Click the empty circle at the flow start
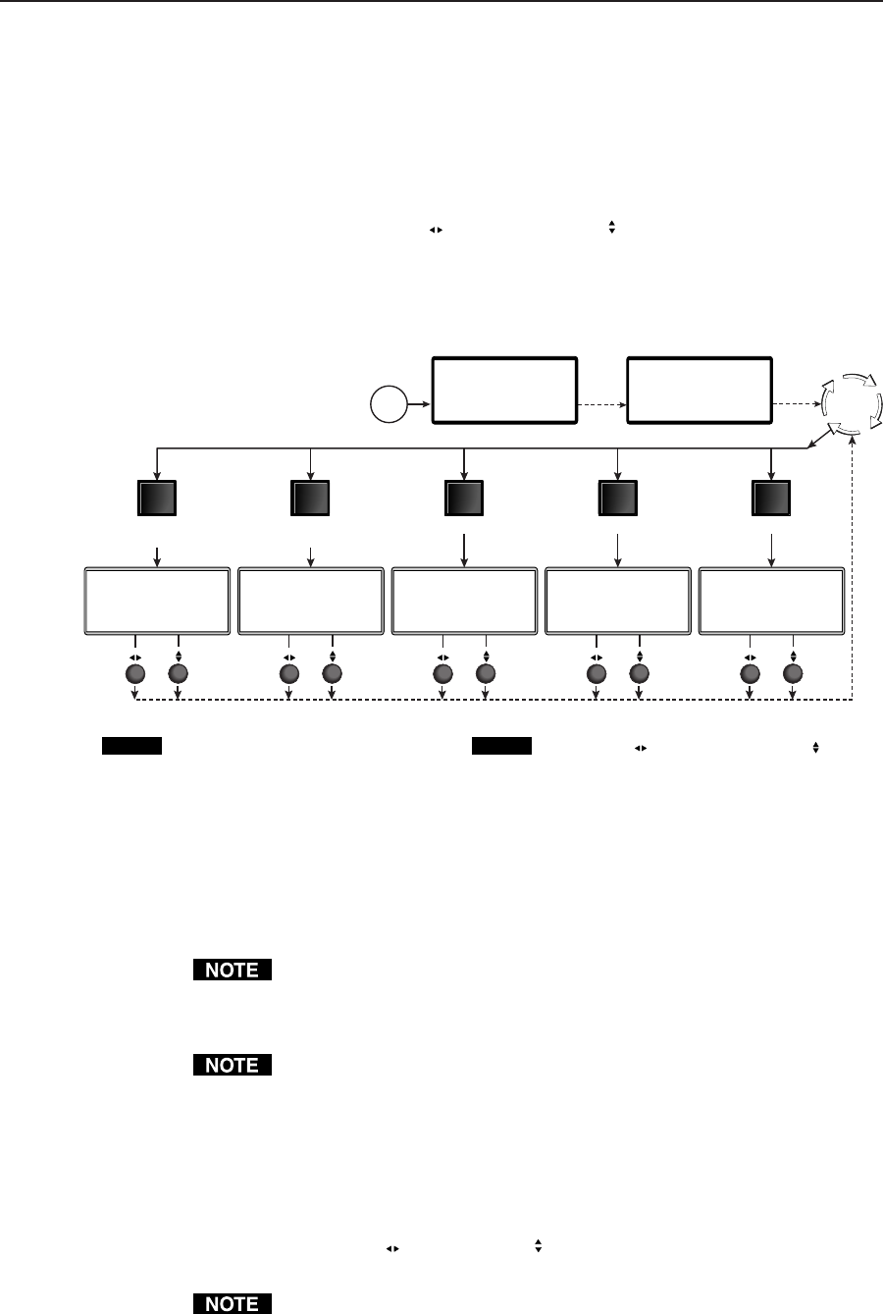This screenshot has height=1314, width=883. coord(390,404)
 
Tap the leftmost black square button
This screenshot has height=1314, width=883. coord(156,499)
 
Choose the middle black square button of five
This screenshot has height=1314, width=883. coord(463,499)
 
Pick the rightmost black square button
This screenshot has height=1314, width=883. coord(771,499)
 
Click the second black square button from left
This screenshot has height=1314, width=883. coord(310,499)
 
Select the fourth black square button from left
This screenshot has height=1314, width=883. coord(617,499)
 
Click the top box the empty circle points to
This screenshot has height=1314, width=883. coord(504,391)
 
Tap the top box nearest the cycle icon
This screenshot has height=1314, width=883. coord(700,391)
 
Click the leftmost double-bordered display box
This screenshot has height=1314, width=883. coord(157,600)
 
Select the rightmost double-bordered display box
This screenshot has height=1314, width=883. coord(771,600)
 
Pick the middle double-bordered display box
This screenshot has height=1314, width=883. coord(464,600)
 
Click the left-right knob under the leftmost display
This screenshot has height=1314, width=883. coord(135,674)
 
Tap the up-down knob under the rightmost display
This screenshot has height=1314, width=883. coord(793,674)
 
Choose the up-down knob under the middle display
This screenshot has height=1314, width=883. coord(486,674)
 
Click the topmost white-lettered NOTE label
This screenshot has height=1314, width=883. coord(232,971)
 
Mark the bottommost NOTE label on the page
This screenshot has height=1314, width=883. coord(232,1304)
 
